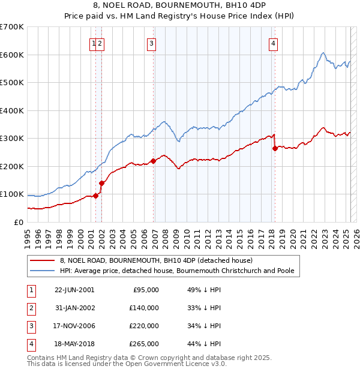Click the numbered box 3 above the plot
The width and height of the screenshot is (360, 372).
[x=152, y=43]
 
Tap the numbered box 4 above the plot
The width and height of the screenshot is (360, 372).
[x=273, y=43]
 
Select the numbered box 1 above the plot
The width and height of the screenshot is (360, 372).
[x=94, y=43]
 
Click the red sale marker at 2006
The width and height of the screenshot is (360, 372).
[x=153, y=161]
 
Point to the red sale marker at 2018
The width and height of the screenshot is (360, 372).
[x=275, y=148]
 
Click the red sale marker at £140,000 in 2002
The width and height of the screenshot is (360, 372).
[x=102, y=183]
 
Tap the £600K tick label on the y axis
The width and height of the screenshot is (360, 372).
[x=11, y=55]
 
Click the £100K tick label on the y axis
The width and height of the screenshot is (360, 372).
[x=11, y=194]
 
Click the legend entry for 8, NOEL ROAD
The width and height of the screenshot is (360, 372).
[x=156, y=260]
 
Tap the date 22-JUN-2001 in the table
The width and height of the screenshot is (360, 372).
[x=74, y=290]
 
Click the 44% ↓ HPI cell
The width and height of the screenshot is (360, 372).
[x=205, y=344]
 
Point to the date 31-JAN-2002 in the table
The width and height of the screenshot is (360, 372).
[x=74, y=308]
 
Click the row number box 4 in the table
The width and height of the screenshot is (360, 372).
[x=30, y=344]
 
